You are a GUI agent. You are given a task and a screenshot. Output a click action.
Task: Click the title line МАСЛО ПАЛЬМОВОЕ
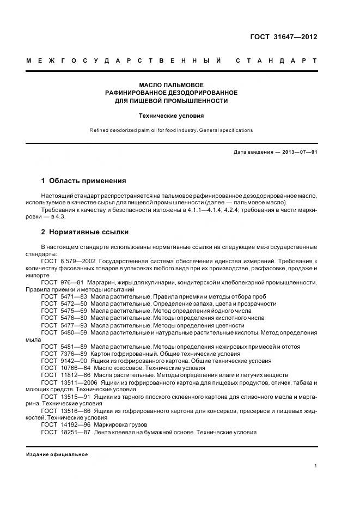click(172, 85)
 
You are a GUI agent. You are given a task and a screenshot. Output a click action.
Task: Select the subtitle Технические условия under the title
click(172, 116)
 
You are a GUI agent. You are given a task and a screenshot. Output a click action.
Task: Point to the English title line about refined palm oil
click(172, 130)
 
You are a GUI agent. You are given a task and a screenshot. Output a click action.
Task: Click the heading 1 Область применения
click(83, 180)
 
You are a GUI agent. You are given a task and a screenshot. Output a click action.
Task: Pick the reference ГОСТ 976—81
click(62, 282)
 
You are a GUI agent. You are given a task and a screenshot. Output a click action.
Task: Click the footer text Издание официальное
click(57, 454)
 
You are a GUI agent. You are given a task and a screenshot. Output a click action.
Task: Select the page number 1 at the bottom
click(316, 466)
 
